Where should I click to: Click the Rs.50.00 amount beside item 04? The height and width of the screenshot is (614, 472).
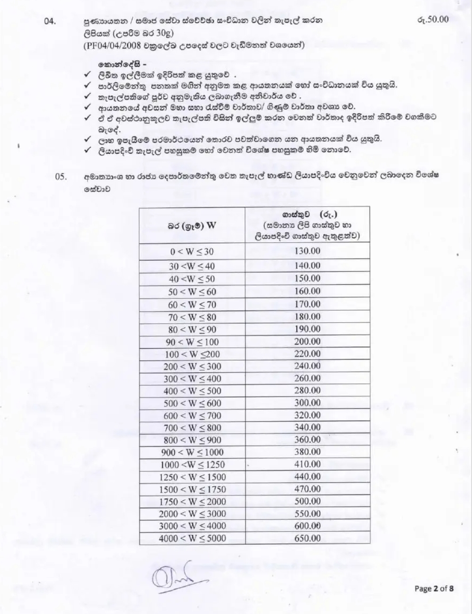click(432, 19)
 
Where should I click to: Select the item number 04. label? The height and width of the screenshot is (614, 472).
click(50, 21)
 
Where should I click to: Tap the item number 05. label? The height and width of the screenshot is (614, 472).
click(61, 177)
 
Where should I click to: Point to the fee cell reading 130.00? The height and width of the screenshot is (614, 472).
click(307, 251)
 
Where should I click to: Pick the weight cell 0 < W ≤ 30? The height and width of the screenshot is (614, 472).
click(192, 252)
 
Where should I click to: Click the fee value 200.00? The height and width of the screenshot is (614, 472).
click(307, 342)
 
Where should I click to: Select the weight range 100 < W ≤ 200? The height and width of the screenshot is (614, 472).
click(192, 354)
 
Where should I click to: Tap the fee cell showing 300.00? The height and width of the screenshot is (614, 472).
click(307, 403)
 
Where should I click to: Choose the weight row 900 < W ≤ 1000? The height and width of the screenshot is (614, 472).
click(192, 452)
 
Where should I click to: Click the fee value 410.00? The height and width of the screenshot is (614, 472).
click(307, 464)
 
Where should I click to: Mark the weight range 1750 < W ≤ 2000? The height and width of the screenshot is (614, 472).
click(192, 502)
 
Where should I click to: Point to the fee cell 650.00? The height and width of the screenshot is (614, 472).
click(307, 538)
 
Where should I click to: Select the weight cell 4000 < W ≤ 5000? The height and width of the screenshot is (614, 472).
click(192, 538)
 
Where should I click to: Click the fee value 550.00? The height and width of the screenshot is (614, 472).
click(307, 513)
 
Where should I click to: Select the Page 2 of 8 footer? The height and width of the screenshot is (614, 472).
click(434, 589)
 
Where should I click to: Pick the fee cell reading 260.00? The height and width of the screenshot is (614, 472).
click(307, 378)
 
